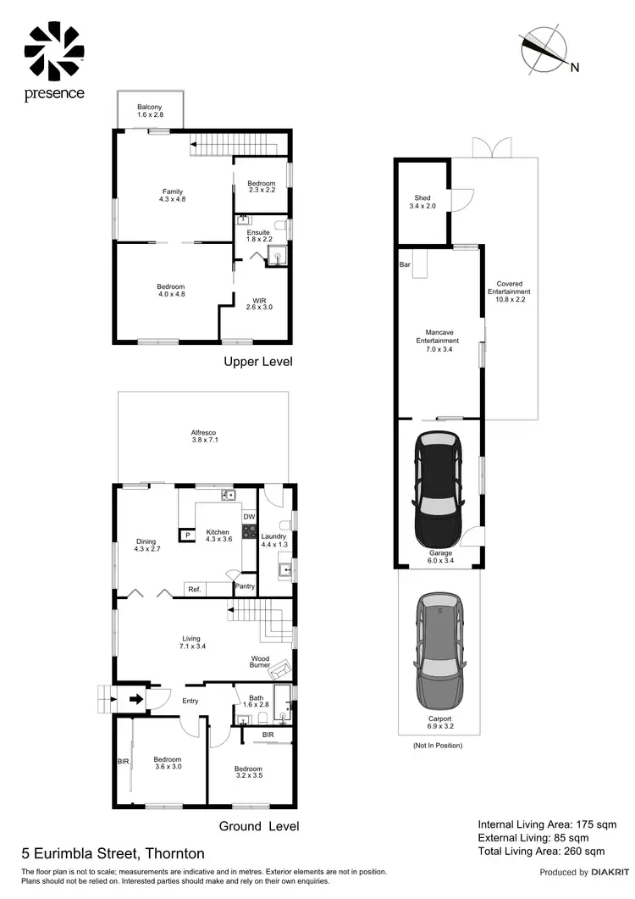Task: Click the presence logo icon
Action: [54, 52]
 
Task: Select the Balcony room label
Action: [150, 107]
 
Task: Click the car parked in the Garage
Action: [437, 491]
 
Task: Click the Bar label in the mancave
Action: [405, 264]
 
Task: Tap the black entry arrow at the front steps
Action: [135, 700]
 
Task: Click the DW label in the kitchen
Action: [249, 517]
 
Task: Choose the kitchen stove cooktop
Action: [250, 532]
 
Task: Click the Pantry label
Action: [245, 585]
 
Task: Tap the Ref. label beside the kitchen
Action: [194, 589]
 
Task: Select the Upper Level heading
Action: [258, 362]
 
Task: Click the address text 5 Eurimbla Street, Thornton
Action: [113, 853]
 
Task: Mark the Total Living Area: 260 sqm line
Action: [541, 851]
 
